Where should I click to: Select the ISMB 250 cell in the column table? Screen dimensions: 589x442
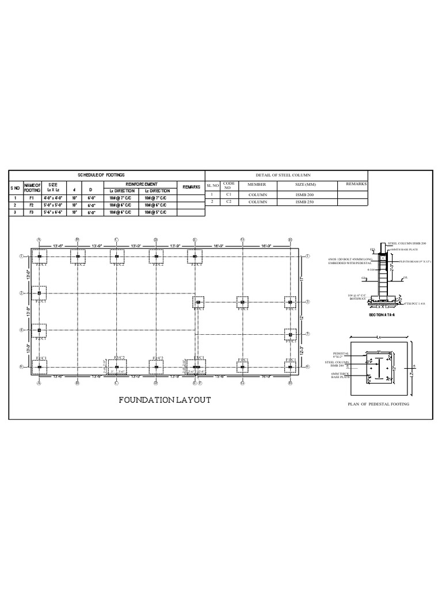click(x=307, y=202)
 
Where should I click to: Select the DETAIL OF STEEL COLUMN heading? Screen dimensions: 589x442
click(x=287, y=175)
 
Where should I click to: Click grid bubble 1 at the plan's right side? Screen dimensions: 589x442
click(x=308, y=257)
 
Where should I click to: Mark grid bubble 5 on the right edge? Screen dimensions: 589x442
click(x=308, y=334)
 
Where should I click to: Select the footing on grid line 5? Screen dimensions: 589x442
click(x=290, y=334)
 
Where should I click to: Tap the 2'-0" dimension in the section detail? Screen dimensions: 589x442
click(x=390, y=267)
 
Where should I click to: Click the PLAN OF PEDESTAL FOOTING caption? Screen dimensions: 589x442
click(x=379, y=405)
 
